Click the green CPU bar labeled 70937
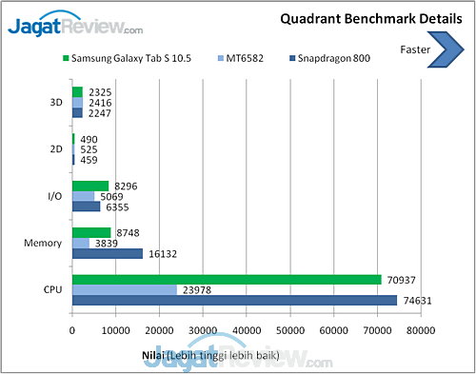pos(227,280)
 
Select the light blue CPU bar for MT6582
pos(125,290)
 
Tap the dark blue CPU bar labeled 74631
pos(234,301)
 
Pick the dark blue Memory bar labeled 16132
pos(108,254)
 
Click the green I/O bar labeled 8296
pos(90,187)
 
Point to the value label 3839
pos(107,244)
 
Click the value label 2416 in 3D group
pos(100,103)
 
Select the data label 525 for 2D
pos(89,149)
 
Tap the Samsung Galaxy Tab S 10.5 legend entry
pos(127,58)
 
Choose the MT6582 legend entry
pos(241,58)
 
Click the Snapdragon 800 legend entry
pos(330,58)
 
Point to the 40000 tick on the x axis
pos(247,330)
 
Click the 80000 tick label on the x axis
pos(421,330)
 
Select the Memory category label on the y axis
pos(43,244)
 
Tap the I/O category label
pos(55,196)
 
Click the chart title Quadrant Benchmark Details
pos(371,19)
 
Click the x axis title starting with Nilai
pos(210,356)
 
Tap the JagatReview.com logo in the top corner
pos(75,26)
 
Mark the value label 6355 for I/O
pos(117,207)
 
